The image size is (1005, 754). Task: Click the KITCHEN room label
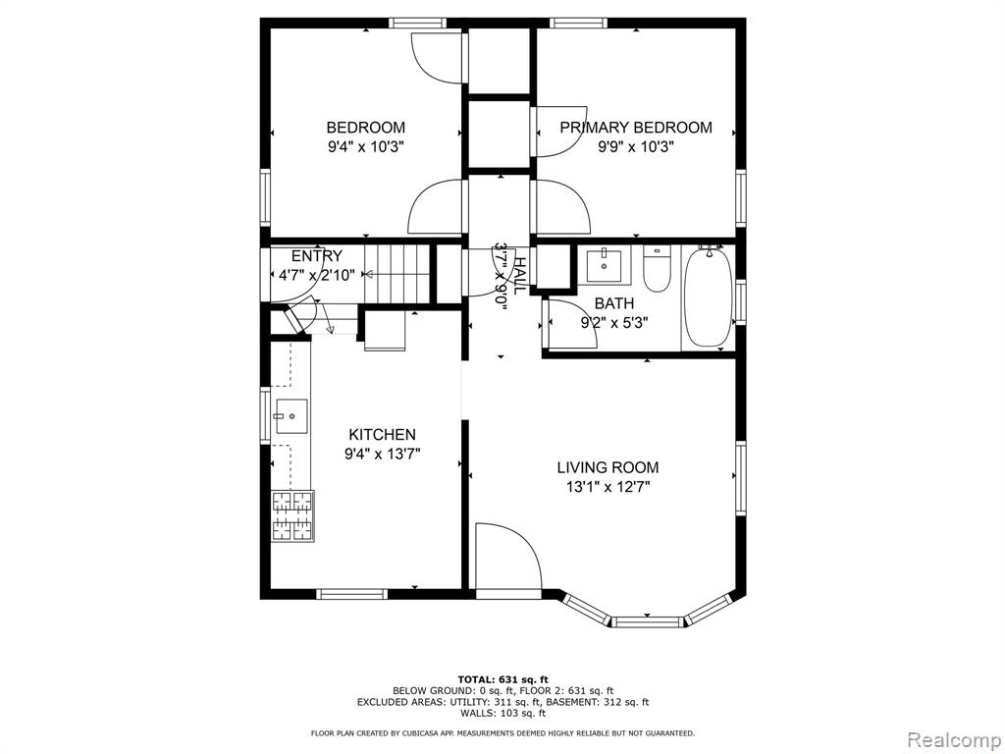[382, 435]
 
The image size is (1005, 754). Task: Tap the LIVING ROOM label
[608, 467]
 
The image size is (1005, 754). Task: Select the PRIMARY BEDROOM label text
[636, 128]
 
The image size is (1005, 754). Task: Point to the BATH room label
[614, 303]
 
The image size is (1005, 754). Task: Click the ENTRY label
[317, 256]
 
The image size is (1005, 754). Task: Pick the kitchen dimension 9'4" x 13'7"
[382, 455]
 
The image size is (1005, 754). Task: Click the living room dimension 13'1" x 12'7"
[608, 487]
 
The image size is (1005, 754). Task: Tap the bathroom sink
[604, 266]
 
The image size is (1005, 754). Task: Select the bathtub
[708, 297]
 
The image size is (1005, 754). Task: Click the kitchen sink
[291, 416]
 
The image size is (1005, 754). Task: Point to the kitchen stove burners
[292, 516]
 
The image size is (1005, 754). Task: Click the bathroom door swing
[570, 324]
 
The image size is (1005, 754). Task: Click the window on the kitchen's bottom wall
[352, 594]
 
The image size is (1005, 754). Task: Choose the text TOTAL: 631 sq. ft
[503, 679]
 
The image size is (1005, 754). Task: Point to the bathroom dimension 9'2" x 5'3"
[614, 322]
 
